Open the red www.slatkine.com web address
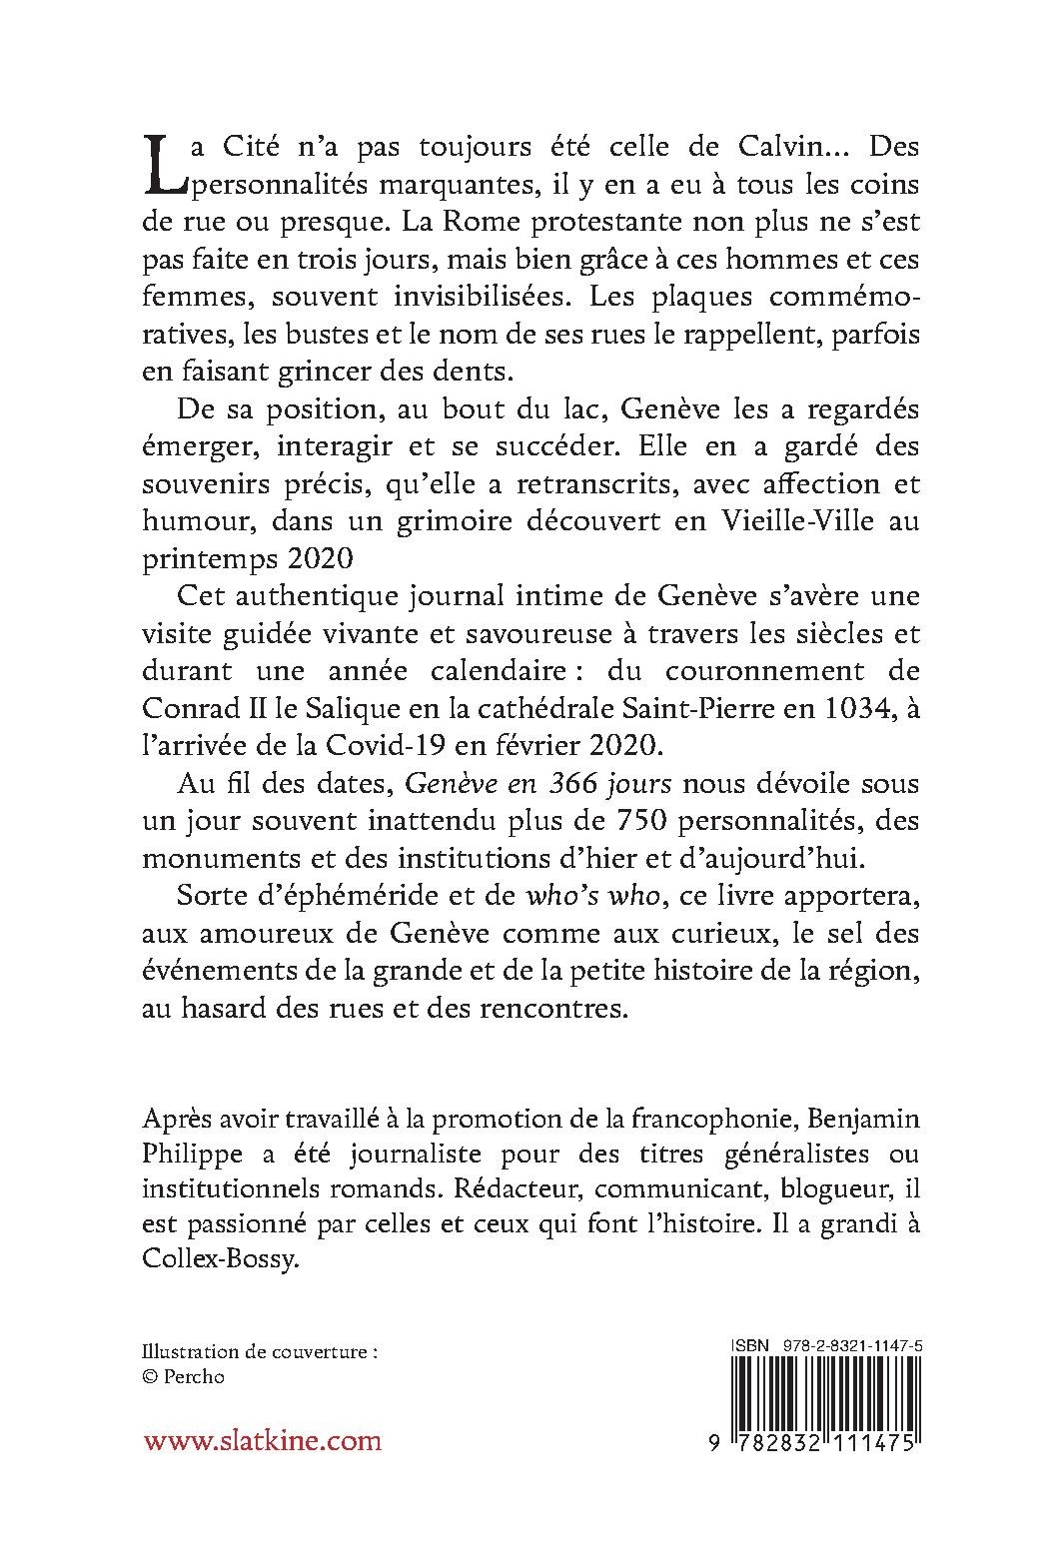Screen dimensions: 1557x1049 point(262,1440)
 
